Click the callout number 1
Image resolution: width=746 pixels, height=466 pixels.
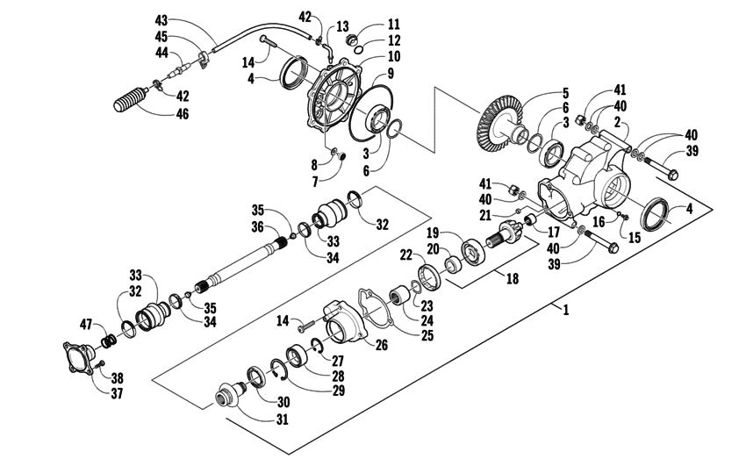point(566,310)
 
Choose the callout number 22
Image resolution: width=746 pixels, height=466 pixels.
point(405,255)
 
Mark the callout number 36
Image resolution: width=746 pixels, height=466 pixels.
point(258,226)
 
